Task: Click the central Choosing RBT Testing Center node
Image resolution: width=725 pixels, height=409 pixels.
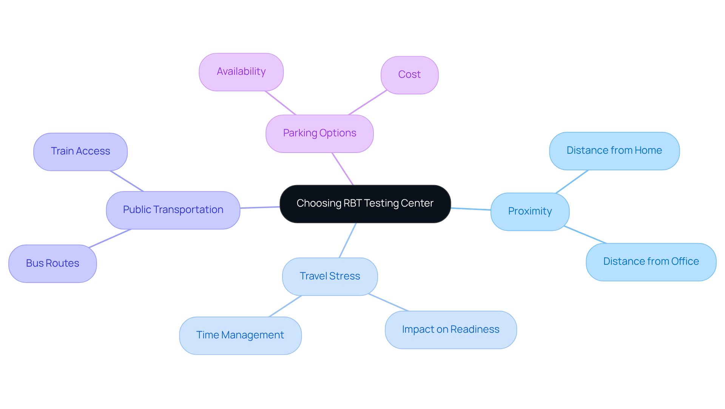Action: coord(365,204)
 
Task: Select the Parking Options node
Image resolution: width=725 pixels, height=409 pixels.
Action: coord(319,134)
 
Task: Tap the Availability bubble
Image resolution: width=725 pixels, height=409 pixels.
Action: coord(241,72)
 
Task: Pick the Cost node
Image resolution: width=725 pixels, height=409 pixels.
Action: coord(409,75)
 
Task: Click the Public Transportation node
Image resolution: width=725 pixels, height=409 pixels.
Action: coord(173,210)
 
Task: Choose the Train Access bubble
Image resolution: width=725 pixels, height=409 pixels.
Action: coord(80,152)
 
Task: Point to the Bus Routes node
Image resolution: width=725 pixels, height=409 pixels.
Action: coord(52,264)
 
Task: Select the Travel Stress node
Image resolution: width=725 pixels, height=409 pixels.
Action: coord(330,276)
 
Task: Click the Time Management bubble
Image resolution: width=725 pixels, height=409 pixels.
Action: coord(240,335)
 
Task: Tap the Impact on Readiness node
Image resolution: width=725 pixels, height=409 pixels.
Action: coord(450,330)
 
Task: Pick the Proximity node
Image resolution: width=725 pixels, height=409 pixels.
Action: coord(530,211)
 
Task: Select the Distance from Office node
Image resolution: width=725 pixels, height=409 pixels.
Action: coord(651,262)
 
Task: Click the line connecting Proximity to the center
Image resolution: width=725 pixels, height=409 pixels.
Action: coord(471,209)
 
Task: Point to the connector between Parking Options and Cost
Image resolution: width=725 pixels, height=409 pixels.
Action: coord(367,103)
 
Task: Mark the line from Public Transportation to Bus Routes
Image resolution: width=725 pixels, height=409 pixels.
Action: coord(110,239)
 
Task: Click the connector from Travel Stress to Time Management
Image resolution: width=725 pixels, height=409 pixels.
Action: coord(285,306)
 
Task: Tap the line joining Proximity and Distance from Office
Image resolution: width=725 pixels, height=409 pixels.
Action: coord(585,235)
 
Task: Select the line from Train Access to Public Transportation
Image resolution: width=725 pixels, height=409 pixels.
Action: coord(126,181)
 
